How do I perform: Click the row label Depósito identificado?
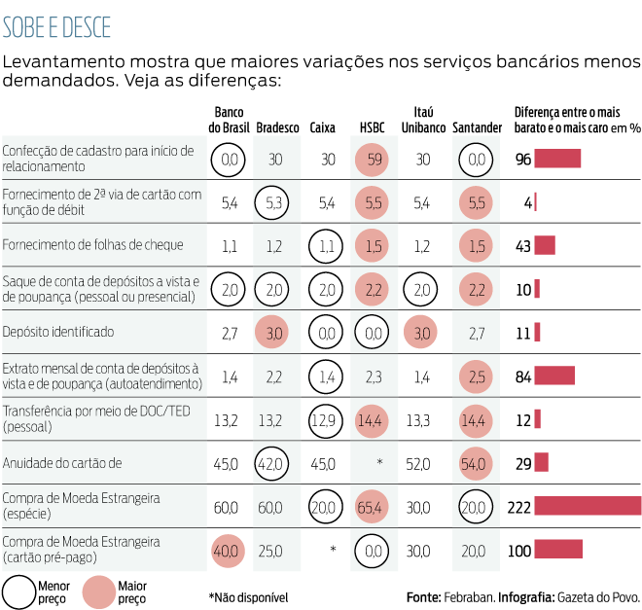[58, 332]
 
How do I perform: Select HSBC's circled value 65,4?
[373, 507]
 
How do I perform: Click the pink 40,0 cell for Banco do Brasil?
[230, 551]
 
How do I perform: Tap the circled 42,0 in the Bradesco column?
[275, 462]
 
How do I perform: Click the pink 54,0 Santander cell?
[474, 462]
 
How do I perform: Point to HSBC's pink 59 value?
[373, 159]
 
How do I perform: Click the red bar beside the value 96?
[557, 159]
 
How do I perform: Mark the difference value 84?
[522, 376]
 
